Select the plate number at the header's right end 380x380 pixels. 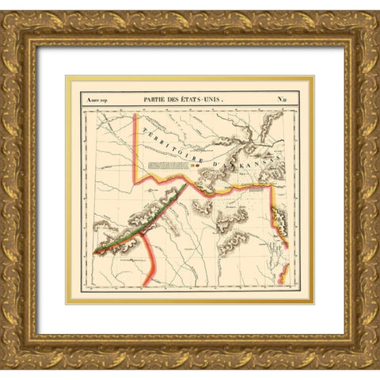click(x=282, y=100)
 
